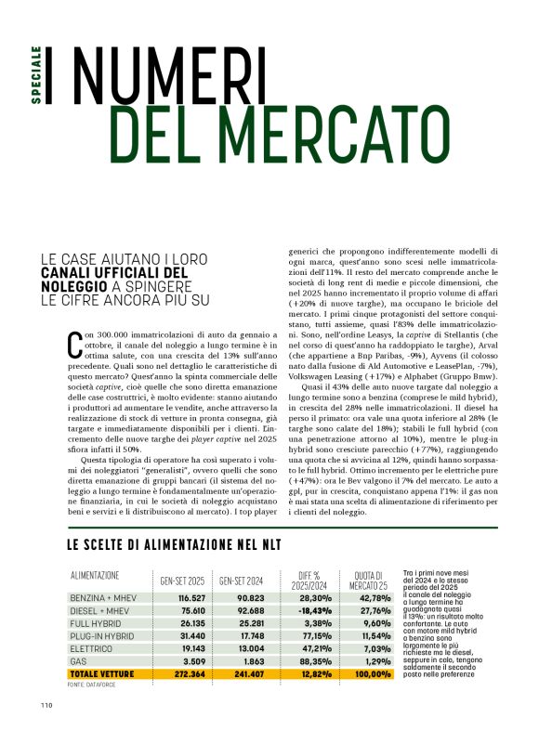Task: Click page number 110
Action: pyautogui.click(x=47, y=704)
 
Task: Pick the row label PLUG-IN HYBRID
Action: pyautogui.click(x=101, y=635)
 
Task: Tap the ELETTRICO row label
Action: pyautogui.click(x=93, y=648)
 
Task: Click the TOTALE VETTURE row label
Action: pyautogui.click(x=102, y=673)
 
